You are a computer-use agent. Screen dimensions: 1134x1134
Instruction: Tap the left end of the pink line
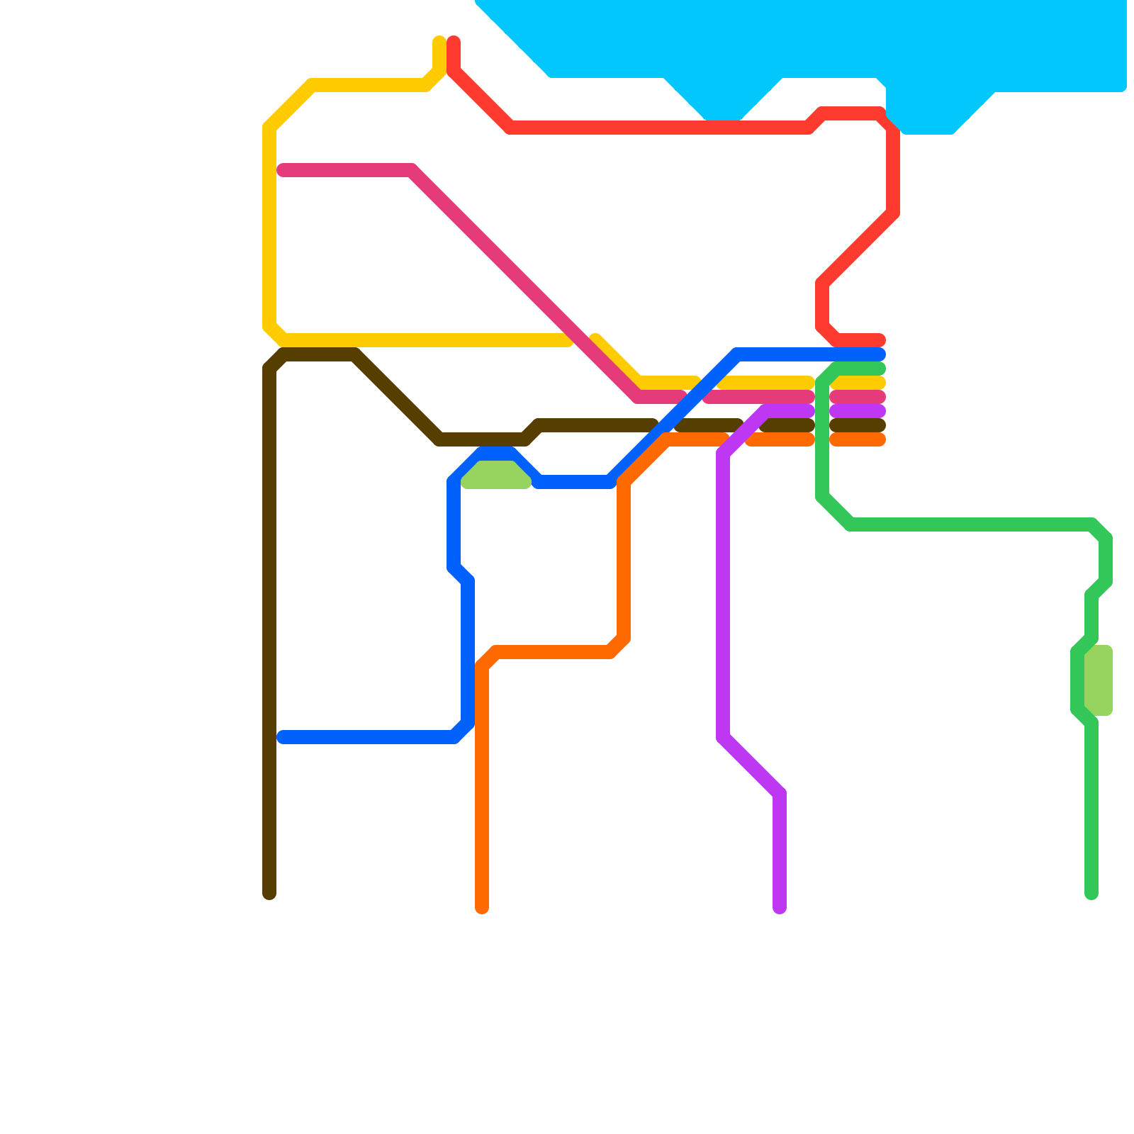(283, 170)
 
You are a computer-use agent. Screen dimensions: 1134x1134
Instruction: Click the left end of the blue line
(283, 737)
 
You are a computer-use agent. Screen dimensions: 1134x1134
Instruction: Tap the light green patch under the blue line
(496, 475)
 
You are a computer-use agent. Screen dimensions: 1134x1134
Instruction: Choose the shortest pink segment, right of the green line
(858, 397)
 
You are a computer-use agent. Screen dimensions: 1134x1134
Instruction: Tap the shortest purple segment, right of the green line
(858, 411)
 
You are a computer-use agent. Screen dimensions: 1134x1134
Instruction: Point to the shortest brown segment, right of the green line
(858, 425)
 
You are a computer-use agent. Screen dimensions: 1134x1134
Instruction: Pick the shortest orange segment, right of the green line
(858, 439)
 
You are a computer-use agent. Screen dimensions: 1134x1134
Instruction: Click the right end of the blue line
(880, 354)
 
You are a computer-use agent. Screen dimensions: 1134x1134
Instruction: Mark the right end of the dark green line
(880, 369)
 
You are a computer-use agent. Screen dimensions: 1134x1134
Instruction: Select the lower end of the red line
(880, 340)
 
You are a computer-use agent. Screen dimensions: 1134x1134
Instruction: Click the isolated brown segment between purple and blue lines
(709, 425)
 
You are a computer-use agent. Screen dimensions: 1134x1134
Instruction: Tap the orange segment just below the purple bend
(780, 439)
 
